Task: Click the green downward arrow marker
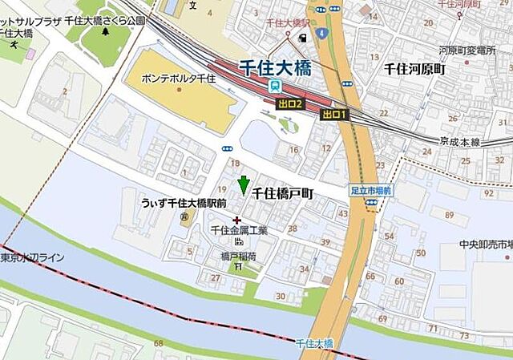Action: click(x=244, y=185)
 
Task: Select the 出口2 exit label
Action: click(x=289, y=104)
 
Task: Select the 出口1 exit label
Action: click(x=334, y=115)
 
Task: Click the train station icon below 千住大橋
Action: click(x=275, y=85)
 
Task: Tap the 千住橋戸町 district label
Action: click(x=283, y=194)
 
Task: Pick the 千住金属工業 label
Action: click(x=238, y=230)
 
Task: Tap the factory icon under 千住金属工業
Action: click(x=238, y=241)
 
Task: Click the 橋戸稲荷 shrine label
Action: click(x=238, y=257)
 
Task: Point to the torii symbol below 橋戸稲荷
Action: click(x=238, y=268)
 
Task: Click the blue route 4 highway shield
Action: click(x=321, y=33)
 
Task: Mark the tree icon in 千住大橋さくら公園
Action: click(x=106, y=33)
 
